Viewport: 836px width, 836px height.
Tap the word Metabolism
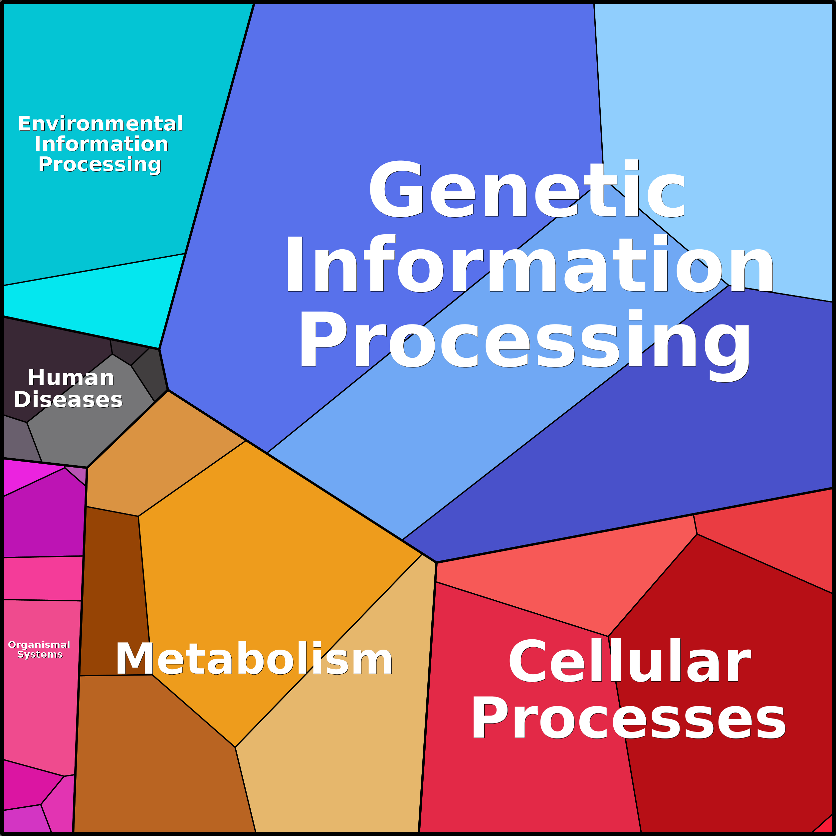click(x=254, y=660)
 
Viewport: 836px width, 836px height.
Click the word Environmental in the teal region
click(x=101, y=124)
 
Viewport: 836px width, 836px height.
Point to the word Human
click(x=71, y=378)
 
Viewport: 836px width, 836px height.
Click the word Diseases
click(x=68, y=399)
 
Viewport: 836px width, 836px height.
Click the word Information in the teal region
click(x=101, y=144)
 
